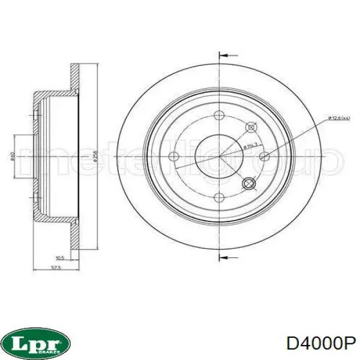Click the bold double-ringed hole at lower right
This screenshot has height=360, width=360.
pyautogui.click(x=248, y=184)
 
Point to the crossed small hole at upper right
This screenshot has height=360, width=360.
pyautogui.click(x=251, y=126)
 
